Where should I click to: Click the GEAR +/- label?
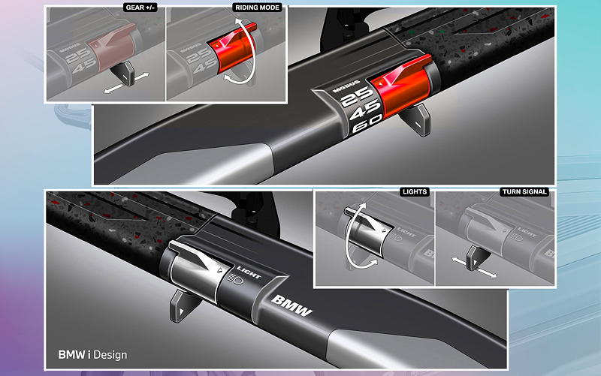pyautogui.click(x=140, y=8)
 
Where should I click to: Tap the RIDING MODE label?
pyautogui.click(x=257, y=8)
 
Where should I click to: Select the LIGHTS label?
pyautogui.click(x=415, y=191)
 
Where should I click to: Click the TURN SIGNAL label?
pyautogui.click(x=524, y=191)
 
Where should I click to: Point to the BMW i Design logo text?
pyautogui.click(x=92, y=354)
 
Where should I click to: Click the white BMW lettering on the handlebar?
pyautogui.click(x=291, y=306)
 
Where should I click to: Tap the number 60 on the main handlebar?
pyautogui.click(x=367, y=124)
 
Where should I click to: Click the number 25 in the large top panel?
pyautogui.click(x=356, y=97)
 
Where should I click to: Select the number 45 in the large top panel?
pyautogui.click(x=364, y=110)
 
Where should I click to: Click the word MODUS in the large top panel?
pyautogui.click(x=346, y=86)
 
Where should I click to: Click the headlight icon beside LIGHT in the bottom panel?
pyautogui.click(x=234, y=279)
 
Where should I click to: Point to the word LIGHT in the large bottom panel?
pyautogui.click(x=249, y=272)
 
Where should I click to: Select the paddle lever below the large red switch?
pyautogui.click(x=415, y=119)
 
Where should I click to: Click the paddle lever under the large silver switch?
pyautogui.click(x=183, y=305)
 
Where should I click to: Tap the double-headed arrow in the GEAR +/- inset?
pyautogui.click(x=126, y=83)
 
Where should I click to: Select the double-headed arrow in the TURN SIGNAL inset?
pyautogui.click(x=474, y=267)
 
